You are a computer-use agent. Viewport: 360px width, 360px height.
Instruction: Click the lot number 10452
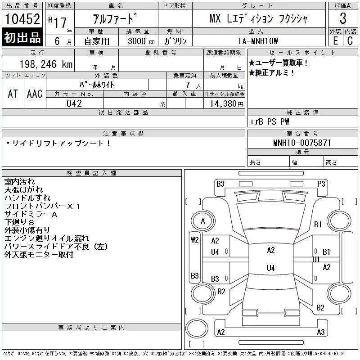point(22,19)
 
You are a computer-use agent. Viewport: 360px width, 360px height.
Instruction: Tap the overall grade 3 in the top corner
point(343,18)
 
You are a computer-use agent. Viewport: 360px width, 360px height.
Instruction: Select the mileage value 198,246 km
point(46,64)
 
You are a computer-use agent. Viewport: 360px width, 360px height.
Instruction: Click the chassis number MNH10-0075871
point(302,143)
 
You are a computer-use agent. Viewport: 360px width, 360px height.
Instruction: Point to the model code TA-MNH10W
point(258,41)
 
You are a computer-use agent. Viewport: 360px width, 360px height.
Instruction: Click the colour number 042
point(74,103)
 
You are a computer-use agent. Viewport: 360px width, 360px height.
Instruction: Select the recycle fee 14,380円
point(226,104)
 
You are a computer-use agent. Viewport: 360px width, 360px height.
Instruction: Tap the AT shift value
point(13,94)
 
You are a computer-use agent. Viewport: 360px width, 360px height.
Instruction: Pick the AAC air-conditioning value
point(35,94)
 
